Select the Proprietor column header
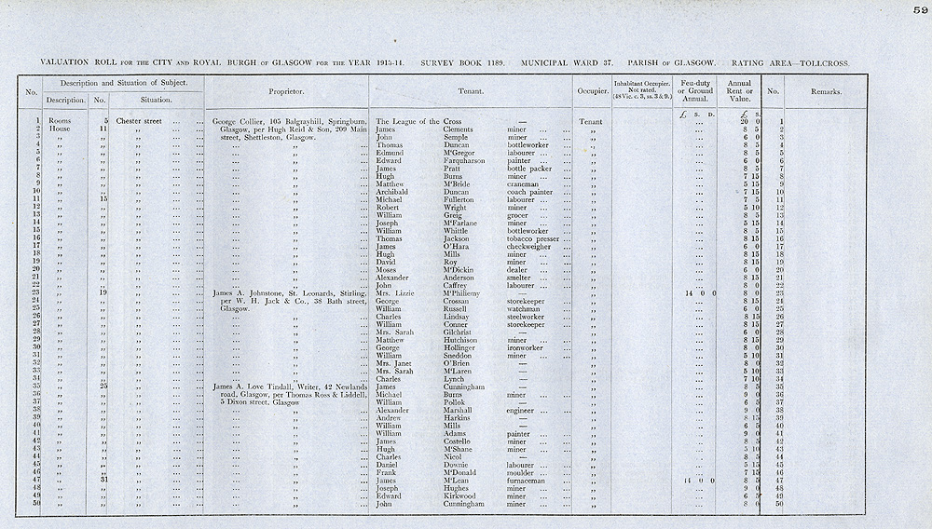(x=285, y=92)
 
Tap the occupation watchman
(x=527, y=309)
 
